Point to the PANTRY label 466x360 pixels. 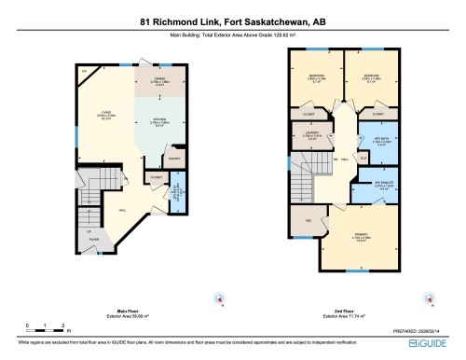tap(173, 159)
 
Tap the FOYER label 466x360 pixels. tap(94, 239)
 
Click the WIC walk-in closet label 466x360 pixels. tap(308, 220)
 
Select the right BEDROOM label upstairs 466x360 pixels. tap(371, 76)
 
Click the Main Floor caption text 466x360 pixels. tap(128, 311)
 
